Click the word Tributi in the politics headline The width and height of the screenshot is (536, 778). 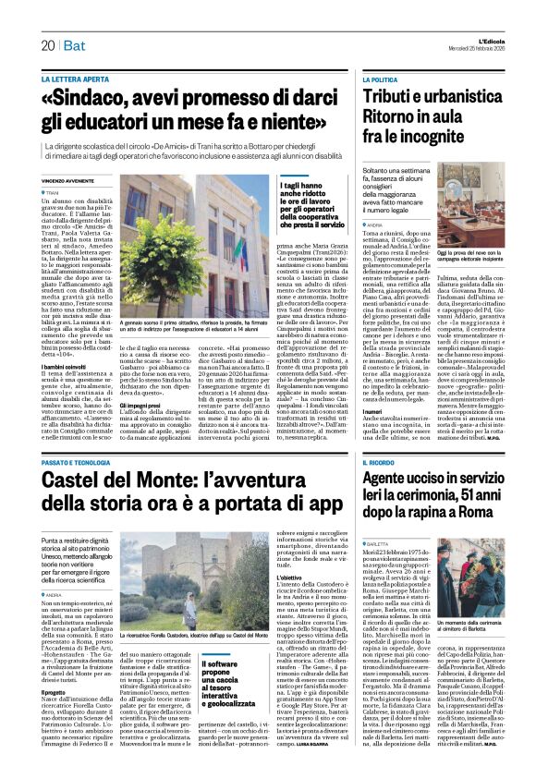(393, 99)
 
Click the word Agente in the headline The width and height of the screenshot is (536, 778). (393, 478)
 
